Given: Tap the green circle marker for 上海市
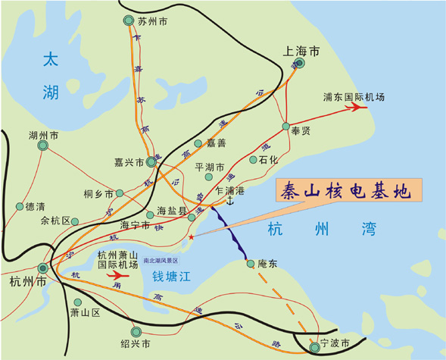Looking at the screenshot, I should [301, 64].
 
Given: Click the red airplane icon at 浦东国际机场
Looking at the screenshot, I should [355, 108].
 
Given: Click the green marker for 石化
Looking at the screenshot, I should [254, 160].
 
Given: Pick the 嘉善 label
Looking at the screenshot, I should [217, 143].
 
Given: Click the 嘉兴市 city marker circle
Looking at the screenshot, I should [151, 162].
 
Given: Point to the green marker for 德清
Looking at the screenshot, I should [19, 205].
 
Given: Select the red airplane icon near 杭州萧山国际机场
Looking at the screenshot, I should [126, 277].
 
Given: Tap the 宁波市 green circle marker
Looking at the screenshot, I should [315, 348].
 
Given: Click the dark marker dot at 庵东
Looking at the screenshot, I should [250, 263].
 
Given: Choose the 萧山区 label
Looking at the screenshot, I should [85, 312].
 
